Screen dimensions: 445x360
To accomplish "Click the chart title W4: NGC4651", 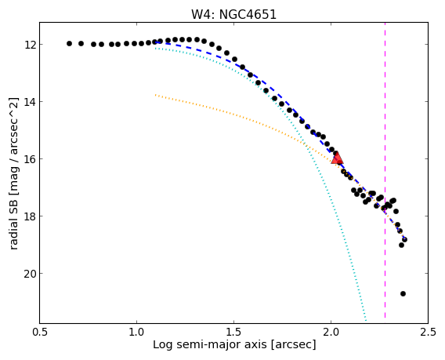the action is [x=233, y=14].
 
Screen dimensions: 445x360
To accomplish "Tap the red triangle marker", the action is [x=337, y=158].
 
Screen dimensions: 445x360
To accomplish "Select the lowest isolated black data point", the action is [x=403, y=293].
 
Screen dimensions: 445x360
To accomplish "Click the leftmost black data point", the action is [x=69, y=43].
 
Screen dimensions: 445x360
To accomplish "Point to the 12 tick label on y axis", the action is [x=30, y=45].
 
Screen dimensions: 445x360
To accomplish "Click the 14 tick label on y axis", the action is [x=30, y=102].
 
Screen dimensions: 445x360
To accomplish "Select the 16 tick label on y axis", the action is [x=30, y=159].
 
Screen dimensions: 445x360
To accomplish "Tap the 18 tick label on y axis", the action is [x=30, y=216].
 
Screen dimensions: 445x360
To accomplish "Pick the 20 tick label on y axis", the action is [x=30, y=274].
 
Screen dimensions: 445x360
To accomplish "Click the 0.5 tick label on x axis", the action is [x=40, y=332].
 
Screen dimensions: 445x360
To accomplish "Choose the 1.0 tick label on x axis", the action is [x=137, y=332].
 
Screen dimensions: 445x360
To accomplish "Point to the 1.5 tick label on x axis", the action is [x=233, y=332].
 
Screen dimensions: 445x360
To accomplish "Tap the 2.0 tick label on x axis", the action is [x=331, y=332].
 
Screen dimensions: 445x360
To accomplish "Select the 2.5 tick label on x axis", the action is [x=428, y=332].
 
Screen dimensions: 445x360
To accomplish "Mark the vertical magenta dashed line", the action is [x=385, y=170].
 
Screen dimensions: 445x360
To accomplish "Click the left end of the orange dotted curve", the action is [x=156, y=95].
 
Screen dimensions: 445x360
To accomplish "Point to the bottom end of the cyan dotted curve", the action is [x=366, y=320].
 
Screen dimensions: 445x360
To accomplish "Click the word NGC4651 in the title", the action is [x=248, y=14].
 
